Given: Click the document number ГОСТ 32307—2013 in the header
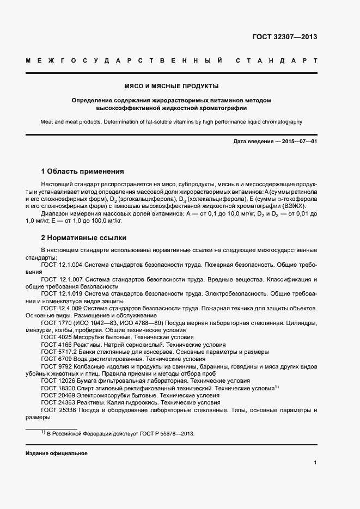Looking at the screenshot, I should click(x=284, y=37).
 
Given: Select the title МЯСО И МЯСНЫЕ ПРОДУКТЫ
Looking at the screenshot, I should click(x=172, y=86).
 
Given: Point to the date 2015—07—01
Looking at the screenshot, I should click(x=299, y=142).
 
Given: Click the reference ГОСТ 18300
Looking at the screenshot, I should click(x=57, y=389).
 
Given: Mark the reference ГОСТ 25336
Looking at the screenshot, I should click(x=57, y=410).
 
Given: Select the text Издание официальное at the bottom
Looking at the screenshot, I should click(x=57, y=453).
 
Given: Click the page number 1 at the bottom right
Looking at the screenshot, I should click(x=315, y=463).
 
